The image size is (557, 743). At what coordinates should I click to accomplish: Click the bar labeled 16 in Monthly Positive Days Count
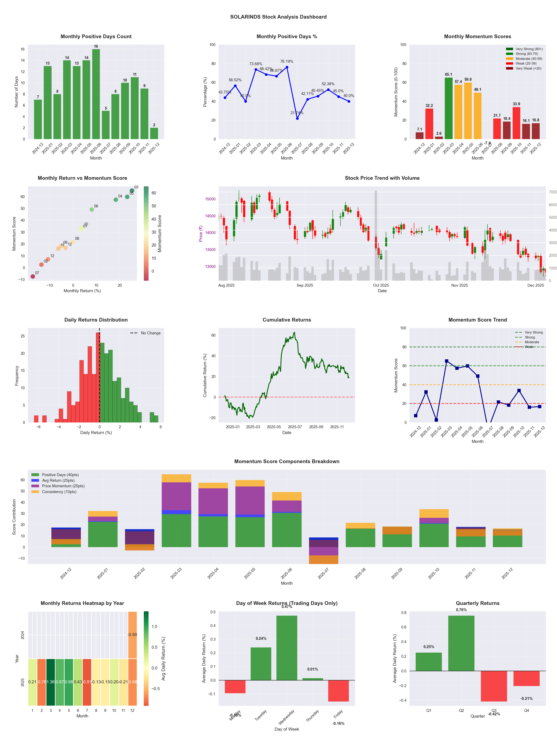[x=96, y=94]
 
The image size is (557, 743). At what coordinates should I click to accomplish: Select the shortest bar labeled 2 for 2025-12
[x=154, y=133]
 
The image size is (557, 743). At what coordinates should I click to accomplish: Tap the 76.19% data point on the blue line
[x=287, y=67]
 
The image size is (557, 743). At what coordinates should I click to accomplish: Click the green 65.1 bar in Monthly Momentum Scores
[x=448, y=108]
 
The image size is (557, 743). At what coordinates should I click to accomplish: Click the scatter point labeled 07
[x=33, y=276]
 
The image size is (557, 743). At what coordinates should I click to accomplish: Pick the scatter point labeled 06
[x=92, y=210]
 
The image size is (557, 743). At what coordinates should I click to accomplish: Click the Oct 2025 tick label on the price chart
[x=381, y=285]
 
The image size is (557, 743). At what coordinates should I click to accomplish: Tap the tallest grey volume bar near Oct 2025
[x=376, y=235]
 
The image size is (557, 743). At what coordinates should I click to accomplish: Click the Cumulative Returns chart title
[x=287, y=320]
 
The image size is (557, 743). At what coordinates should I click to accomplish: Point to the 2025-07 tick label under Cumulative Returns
[x=295, y=427]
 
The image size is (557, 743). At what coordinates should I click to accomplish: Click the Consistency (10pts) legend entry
[x=59, y=492]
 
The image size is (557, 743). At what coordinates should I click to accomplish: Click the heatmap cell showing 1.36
[x=51, y=682]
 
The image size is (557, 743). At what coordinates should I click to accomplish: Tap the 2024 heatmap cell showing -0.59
[x=132, y=635]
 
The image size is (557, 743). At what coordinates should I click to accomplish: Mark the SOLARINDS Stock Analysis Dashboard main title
[x=278, y=17]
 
